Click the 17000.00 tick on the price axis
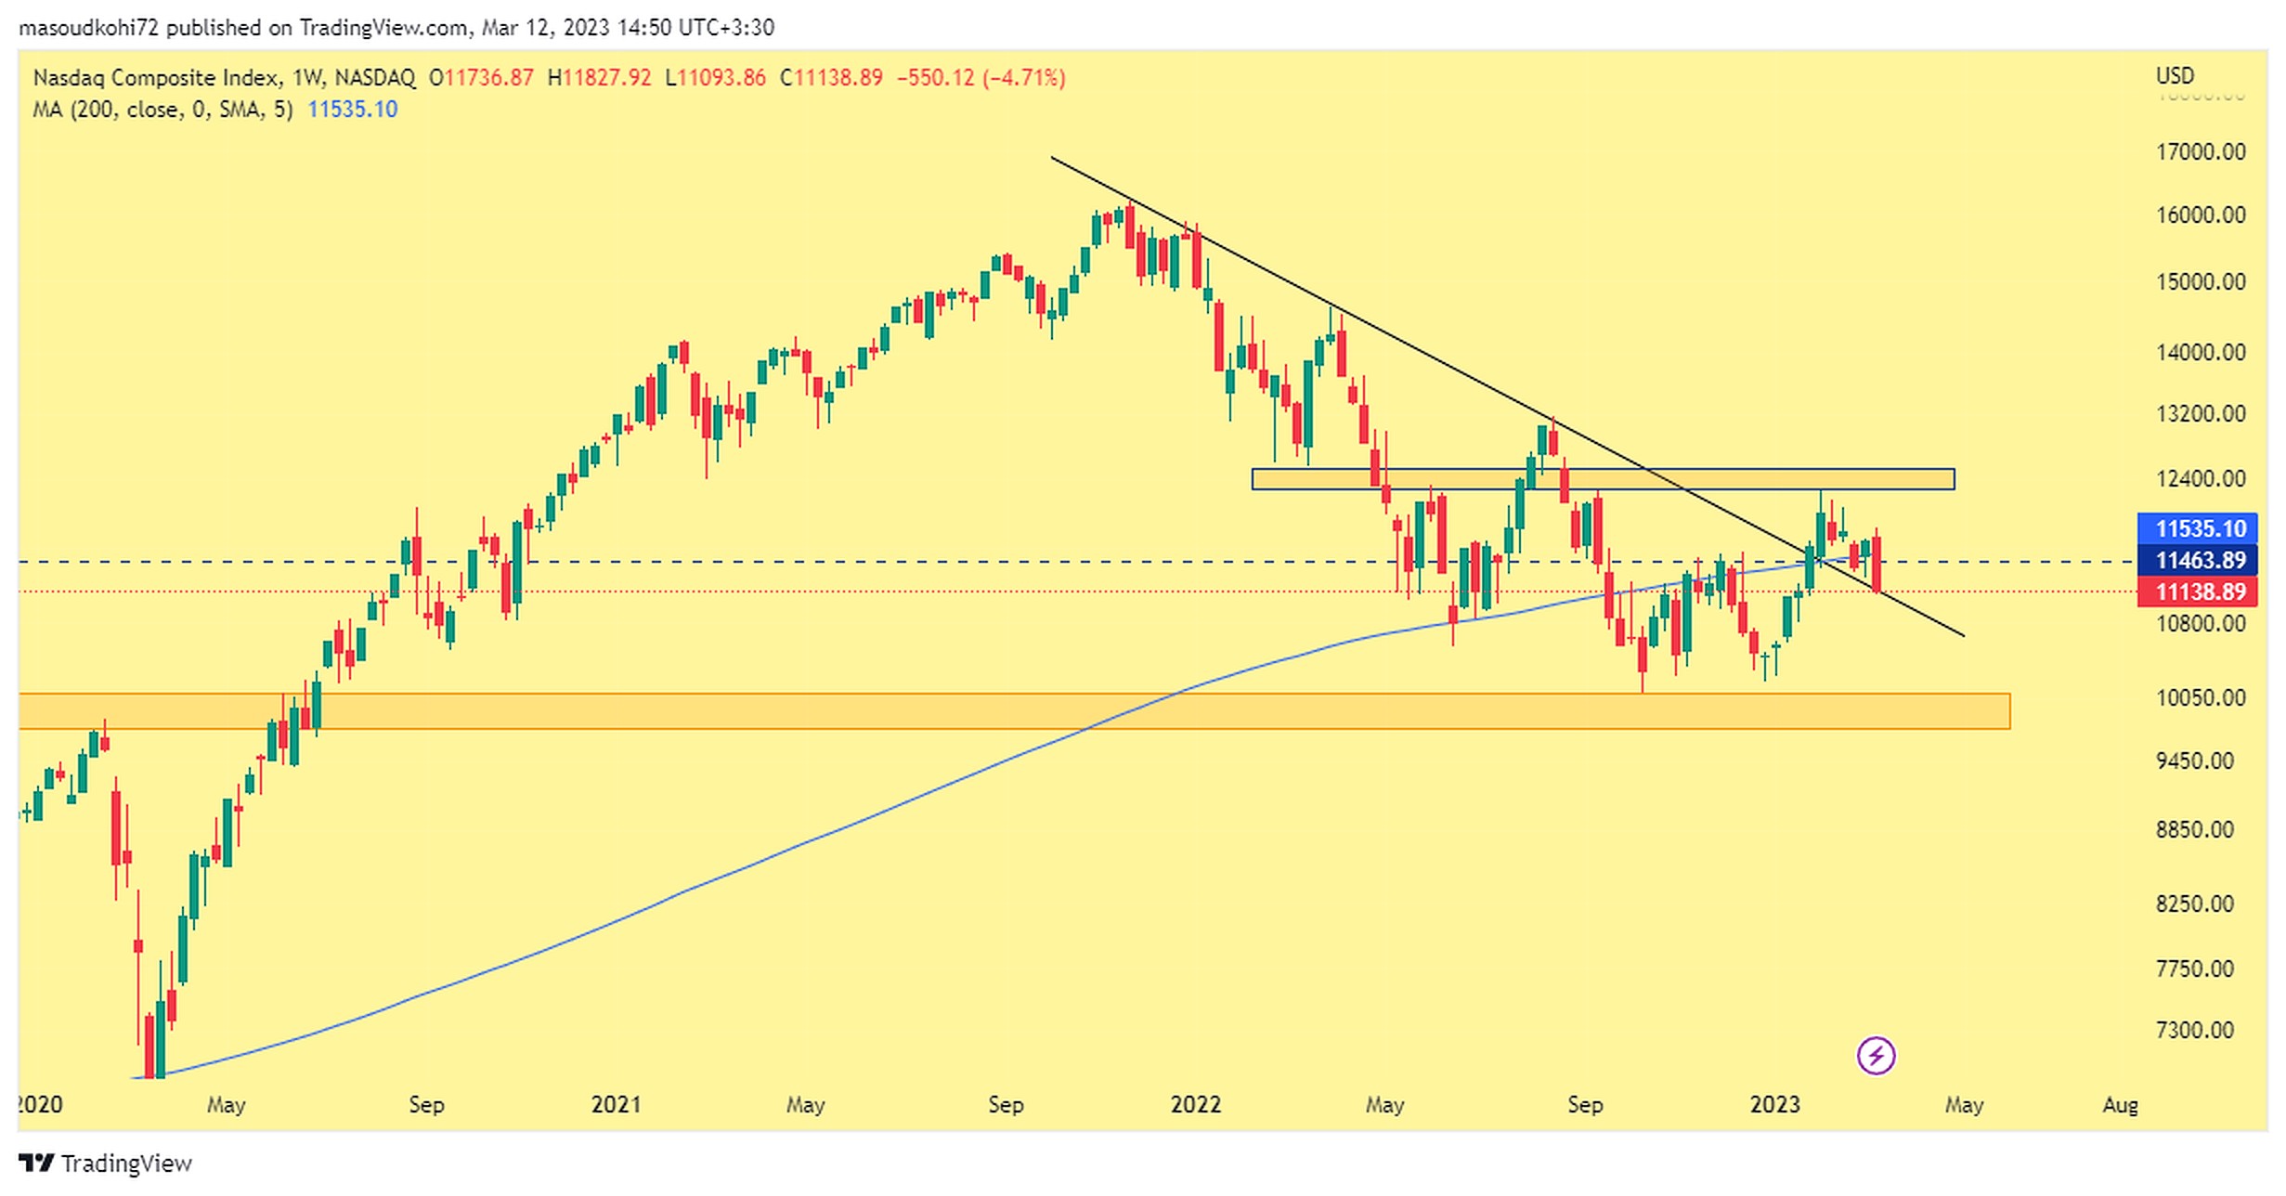2200,151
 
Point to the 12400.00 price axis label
2200,479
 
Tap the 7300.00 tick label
2194,1030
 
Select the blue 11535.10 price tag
2200,528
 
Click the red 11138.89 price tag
2200,591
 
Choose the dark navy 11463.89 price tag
2200,560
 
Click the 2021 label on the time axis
616,1104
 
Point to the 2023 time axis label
1774,1104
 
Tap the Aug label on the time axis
2120,1105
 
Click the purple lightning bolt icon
1876,1056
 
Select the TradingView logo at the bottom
105,1163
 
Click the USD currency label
2175,75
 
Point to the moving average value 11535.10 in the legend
352,110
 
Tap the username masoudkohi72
89,28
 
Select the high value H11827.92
599,77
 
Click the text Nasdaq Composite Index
156,77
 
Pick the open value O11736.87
481,77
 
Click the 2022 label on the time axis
1195,1104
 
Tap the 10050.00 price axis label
2200,697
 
